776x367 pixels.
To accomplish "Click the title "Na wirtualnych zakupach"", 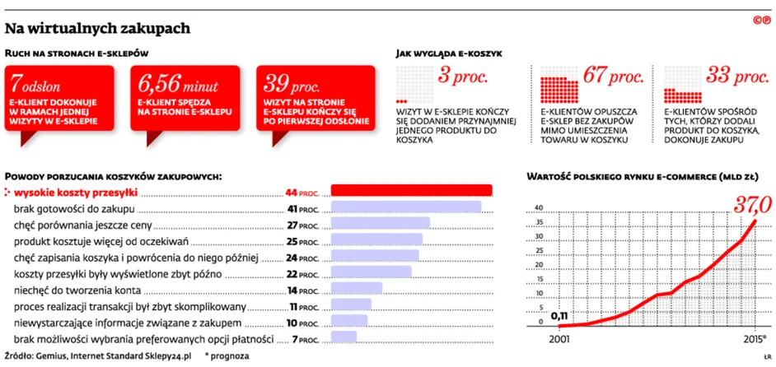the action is click(97, 29).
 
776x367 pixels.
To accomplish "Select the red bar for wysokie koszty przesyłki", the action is click(411, 190).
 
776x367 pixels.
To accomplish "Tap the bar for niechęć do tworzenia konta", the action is click(357, 288).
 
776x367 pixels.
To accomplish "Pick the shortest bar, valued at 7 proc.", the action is click(344, 337).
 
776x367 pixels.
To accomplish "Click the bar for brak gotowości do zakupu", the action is click(406, 207).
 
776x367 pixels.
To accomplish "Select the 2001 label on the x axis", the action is click(559, 341).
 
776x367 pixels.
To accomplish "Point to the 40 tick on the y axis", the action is click(540, 207).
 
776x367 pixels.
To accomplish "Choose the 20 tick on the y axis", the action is click(540, 264).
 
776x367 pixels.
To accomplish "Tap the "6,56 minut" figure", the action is click(178, 85).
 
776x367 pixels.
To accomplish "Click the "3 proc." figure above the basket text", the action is click(463, 77).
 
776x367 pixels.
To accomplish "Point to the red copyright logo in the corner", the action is click(762, 20).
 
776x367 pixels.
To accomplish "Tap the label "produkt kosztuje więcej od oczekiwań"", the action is click(101, 242).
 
